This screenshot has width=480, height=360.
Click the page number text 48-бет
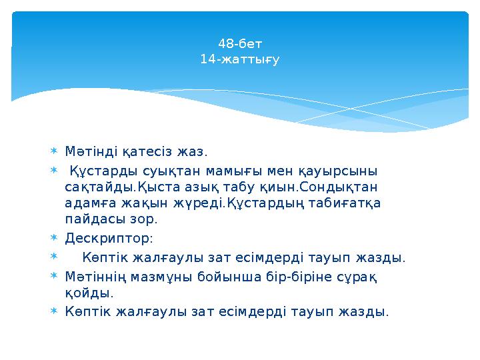[240, 45]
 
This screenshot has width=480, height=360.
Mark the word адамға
[91, 203]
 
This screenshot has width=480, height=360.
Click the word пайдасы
[93, 219]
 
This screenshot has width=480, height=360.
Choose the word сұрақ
[360, 276]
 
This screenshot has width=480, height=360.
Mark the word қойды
[89, 293]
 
